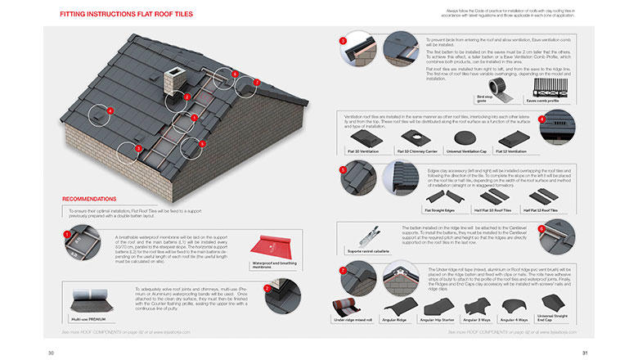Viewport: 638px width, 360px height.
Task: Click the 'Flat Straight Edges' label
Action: (x=441, y=209)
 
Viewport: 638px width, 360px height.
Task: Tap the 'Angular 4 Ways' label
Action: (x=514, y=319)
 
